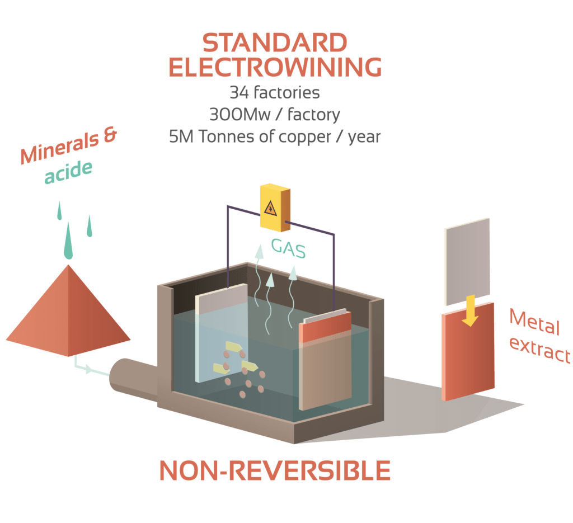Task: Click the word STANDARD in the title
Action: coord(275,44)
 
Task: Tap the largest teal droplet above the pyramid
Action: coord(68,239)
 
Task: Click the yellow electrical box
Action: coord(275,208)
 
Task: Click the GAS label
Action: coord(288,248)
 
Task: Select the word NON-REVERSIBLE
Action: coord(275,471)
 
